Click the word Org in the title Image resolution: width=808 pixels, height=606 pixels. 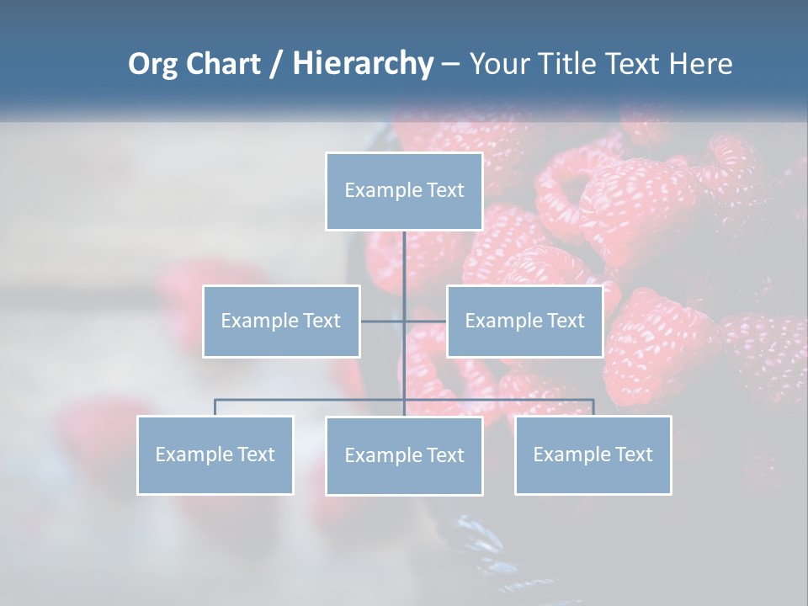click(153, 64)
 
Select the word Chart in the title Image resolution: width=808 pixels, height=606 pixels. click(224, 64)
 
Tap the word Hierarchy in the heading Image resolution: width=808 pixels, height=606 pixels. click(362, 64)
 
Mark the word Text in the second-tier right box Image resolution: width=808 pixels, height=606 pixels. click(566, 321)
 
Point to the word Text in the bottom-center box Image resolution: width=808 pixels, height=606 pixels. click(445, 455)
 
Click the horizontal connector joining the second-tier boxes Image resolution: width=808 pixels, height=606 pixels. click(425, 321)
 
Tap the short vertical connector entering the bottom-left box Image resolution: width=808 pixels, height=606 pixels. click(215, 407)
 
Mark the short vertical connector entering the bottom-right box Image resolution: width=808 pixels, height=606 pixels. click(593, 407)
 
